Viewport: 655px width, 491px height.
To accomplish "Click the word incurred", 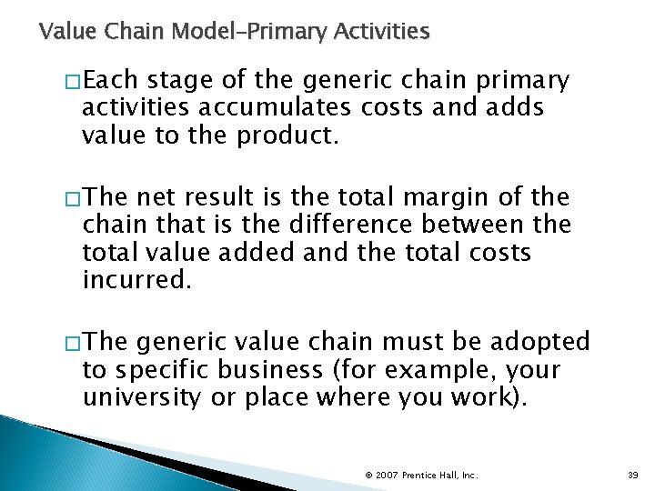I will point(136,279).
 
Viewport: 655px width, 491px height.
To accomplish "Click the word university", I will point(144,397).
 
